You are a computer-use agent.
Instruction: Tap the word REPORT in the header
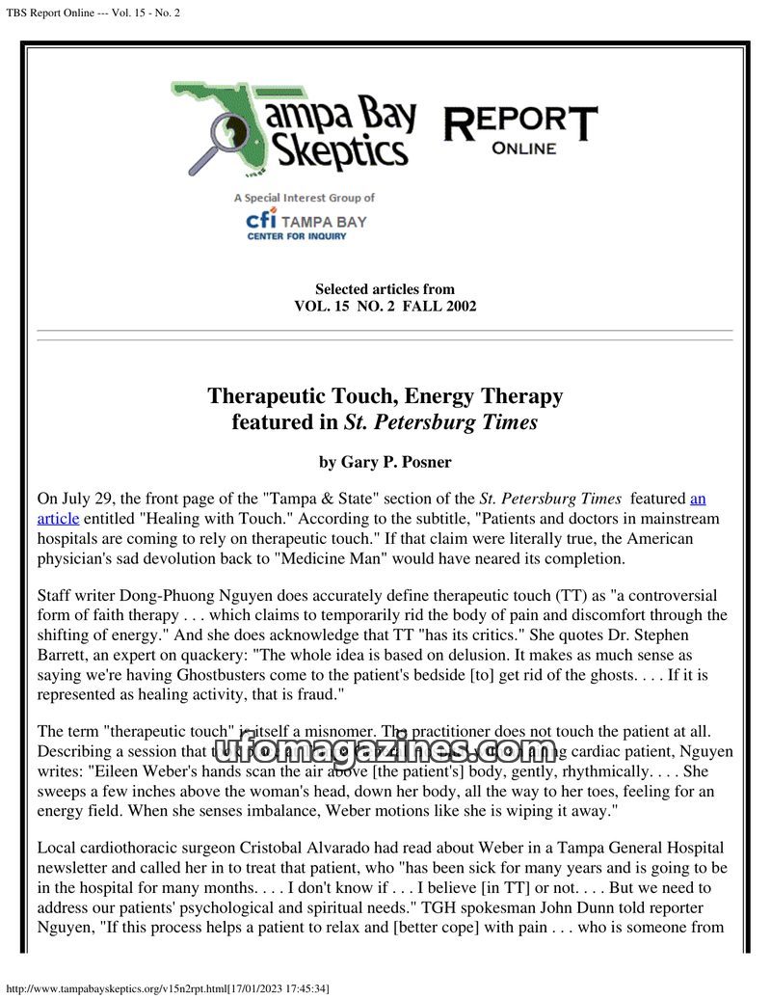pyautogui.click(x=520, y=123)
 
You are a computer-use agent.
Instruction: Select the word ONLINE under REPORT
pyautogui.click(x=523, y=148)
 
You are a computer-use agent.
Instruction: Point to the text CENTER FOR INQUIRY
pyautogui.click(x=296, y=236)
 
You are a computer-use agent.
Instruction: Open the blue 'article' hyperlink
pyautogui.click(x=58, y=518)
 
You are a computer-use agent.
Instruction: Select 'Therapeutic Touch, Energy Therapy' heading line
pyautogui.click(x=385, y=396)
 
